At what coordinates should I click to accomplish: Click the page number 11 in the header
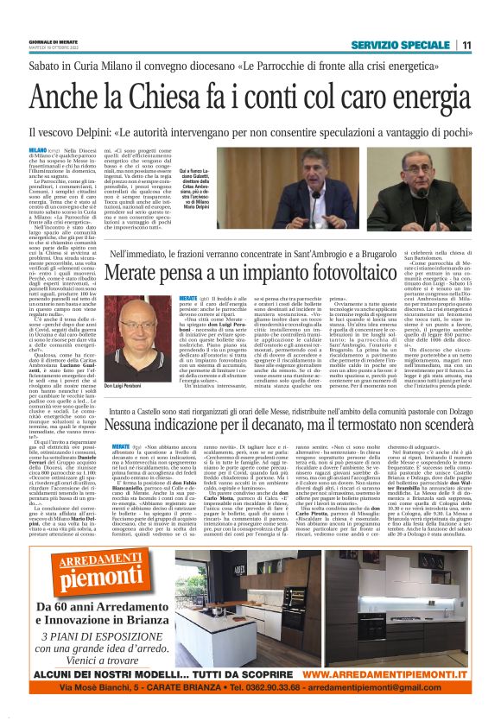click(x=466, y=45)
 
